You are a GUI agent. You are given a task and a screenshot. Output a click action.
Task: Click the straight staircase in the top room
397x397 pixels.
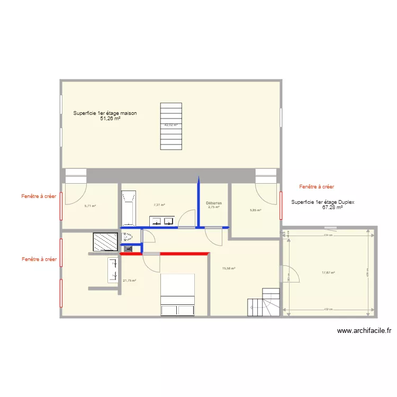click(x=170, y=127)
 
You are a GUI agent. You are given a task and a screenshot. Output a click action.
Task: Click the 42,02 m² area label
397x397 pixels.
click(x=170, y=125)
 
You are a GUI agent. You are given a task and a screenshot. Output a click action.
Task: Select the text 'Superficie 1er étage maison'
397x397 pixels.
click(x=105, y=113)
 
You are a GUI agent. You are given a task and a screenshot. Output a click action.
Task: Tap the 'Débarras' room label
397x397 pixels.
click(x=214, y=203)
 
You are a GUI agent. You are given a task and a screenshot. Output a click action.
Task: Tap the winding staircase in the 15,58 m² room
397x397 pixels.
click(x=264, y=302)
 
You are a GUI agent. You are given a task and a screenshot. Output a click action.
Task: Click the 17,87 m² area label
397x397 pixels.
click(x=328, y=273)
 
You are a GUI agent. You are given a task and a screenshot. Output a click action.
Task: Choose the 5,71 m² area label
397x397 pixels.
click(x=90, y=206)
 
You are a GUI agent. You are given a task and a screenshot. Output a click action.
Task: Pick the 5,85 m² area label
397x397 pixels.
click(x=256, y=210)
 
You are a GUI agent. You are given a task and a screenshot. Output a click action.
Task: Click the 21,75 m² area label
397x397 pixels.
click(x=130, y=281)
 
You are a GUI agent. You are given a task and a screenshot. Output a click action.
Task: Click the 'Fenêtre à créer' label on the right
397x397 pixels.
click(x=317, y=187)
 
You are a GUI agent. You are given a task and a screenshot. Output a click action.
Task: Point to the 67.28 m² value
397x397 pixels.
click(x=332, y=207)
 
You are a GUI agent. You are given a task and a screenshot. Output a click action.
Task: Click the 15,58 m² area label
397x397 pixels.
click(x=229, y=268)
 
